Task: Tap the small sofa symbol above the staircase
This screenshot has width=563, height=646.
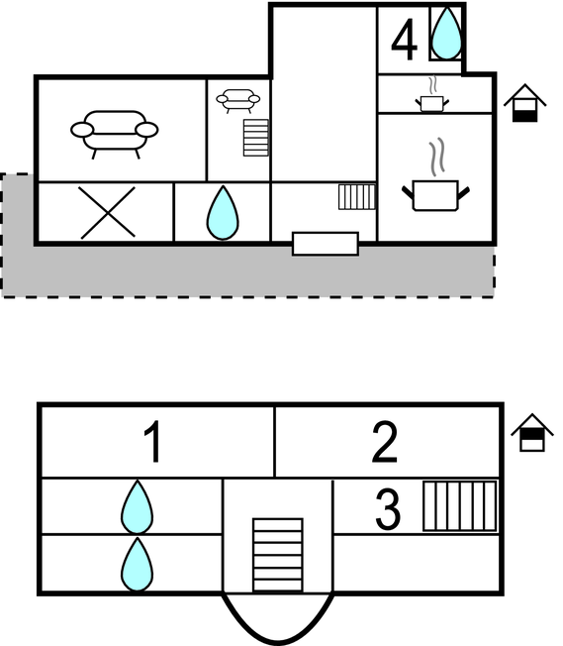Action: click(238, 99)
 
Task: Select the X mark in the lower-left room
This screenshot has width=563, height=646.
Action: click(108, 213)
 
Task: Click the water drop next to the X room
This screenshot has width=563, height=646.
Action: click(223, 213)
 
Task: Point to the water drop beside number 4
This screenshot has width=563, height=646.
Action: click(446, 33)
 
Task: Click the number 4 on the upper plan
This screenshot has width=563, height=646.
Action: click(404, 40)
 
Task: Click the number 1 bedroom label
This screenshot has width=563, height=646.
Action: click(152, 442)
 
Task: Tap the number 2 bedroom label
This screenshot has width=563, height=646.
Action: click(384, 442)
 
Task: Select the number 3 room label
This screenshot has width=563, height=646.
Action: click(388, 509)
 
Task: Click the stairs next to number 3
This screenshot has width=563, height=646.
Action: click(460, 506)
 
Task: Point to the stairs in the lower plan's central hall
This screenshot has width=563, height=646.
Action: click(278, 555)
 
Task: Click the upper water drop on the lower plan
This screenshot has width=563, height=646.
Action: click(138, 506)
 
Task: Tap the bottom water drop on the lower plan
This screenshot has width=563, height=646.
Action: click(138, 565)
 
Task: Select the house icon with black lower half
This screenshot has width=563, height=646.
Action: click(524, 103)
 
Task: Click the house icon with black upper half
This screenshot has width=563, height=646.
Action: click(532, 433)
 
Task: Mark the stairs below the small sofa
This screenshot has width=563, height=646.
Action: click(256, 138)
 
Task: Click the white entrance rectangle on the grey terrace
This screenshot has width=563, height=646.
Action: click(326, 244)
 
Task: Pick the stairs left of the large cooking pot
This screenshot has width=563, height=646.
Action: click(357, 197)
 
